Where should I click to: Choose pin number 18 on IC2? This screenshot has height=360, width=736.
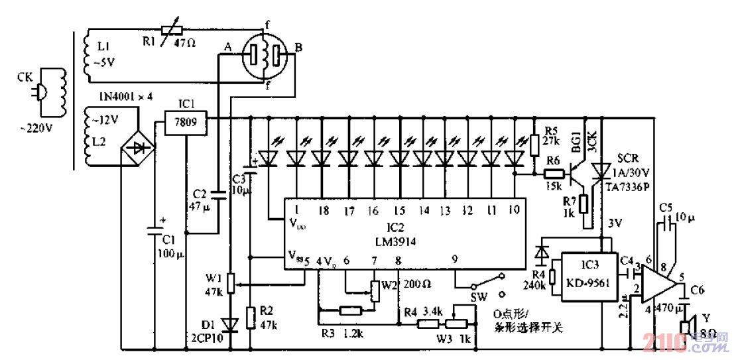322,210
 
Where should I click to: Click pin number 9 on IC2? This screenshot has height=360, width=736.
455,261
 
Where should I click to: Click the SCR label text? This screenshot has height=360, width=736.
627,160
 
